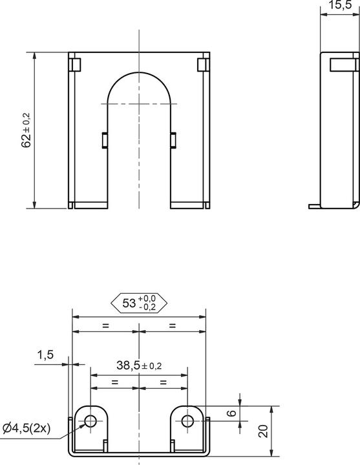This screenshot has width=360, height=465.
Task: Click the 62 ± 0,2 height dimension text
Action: [26, 131]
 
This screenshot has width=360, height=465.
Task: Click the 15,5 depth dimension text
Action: [339, 6]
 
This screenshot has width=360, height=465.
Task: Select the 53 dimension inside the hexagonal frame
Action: [139, 302]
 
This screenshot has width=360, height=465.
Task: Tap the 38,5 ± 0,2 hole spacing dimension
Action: [138, 365]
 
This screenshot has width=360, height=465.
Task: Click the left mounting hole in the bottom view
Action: [90, 421]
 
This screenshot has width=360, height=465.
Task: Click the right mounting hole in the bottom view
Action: [187, 421]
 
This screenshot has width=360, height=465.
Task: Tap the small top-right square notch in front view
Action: [202, 64]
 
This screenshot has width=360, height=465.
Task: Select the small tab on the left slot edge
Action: [104, 139]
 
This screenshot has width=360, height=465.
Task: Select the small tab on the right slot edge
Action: [173, 139]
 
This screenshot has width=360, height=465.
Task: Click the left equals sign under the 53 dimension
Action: [105, 325]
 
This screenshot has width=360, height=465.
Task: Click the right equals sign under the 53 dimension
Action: [173, 325]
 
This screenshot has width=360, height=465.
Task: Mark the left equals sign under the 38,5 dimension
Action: [114, 382]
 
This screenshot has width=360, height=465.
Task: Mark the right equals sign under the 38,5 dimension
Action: [163, 382]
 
